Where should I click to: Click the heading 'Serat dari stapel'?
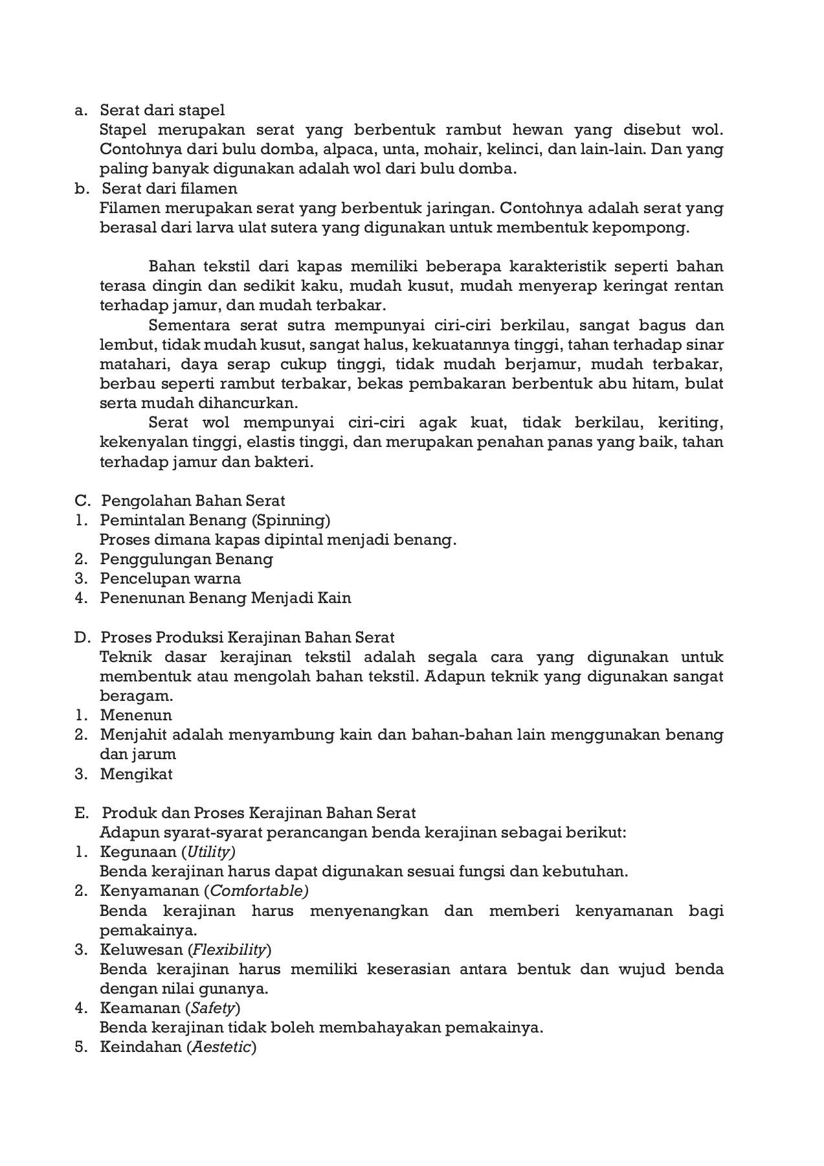[162, 110]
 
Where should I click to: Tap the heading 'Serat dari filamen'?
[170, 189]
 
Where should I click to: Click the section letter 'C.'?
[82, 501]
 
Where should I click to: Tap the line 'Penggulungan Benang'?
[186, 559]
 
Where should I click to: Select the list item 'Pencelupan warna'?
[170, 578]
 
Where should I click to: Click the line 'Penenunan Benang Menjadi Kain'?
[225, 598]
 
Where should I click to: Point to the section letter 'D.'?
[82, 637]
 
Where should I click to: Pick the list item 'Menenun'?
[136, 715]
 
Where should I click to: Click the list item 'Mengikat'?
[136, 774]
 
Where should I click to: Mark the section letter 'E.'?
[81, 813]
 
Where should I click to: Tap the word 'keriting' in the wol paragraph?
[690, 423]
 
